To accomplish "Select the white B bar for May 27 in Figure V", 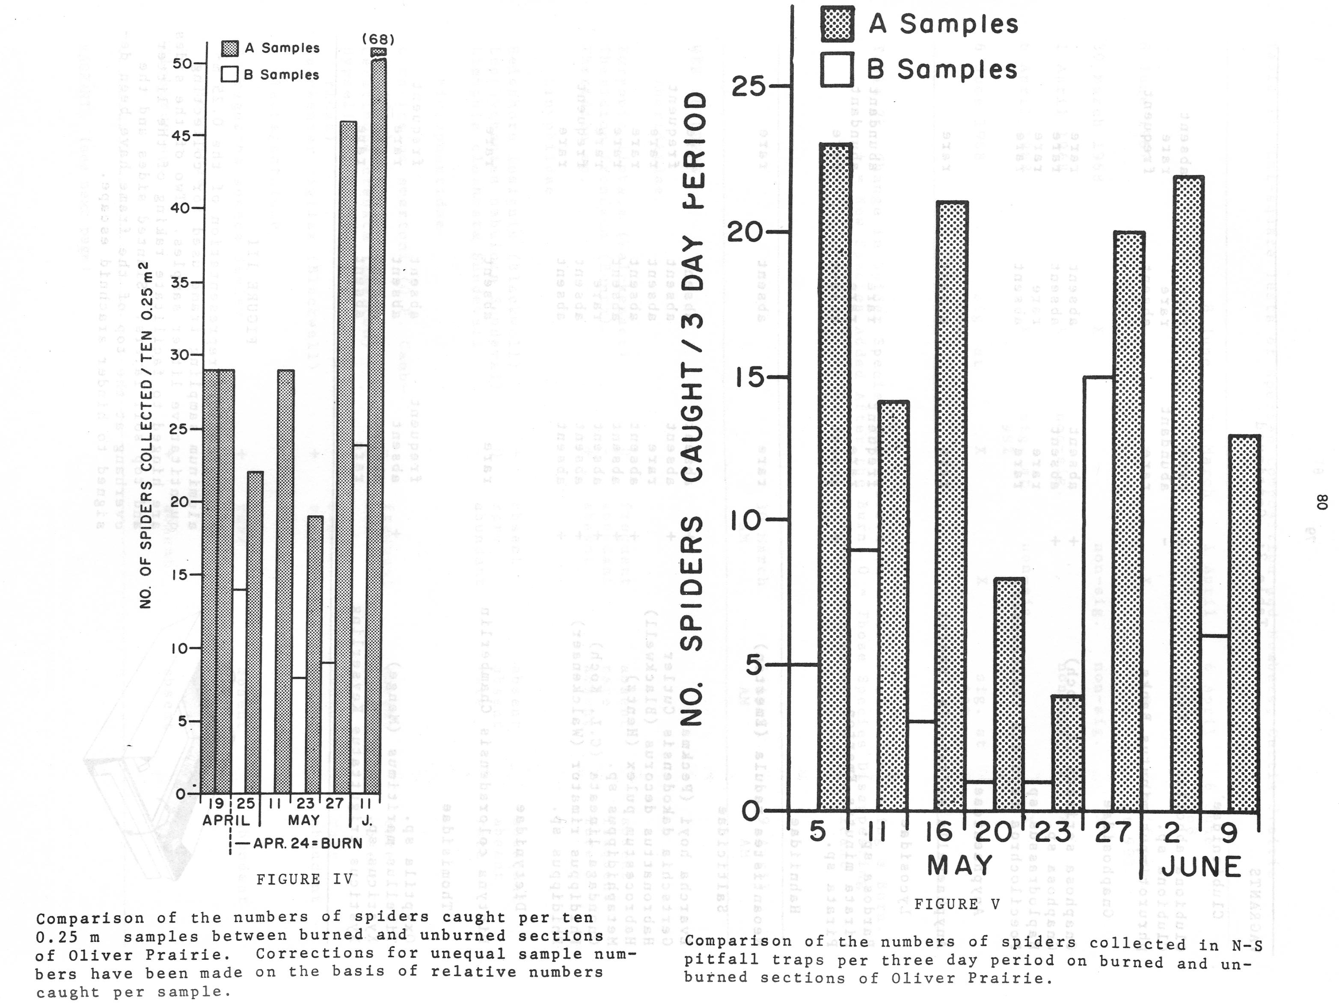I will [x=1099, y=593].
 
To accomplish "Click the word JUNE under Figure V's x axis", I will [x=1202, y=867].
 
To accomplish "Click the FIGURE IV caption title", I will [x=305, y=879].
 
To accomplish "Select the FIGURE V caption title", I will [x=956, y=904].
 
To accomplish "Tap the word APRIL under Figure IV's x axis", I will [x=226, y=820].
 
